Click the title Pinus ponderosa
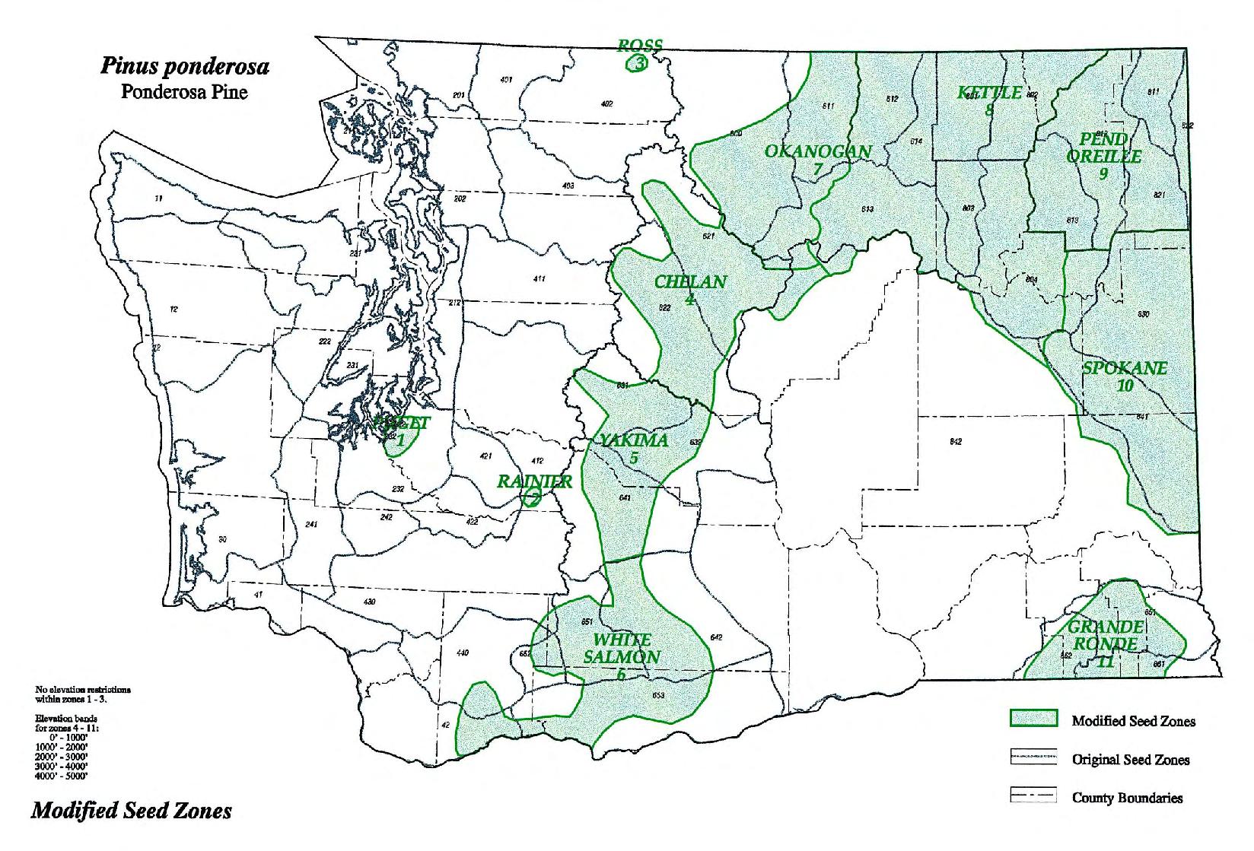pos(185,67)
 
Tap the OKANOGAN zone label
pos(818,151)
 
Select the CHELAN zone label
pos(691,282)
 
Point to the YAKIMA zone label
pos(634,441)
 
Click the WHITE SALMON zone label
pos(627,649)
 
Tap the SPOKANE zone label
pos(1125,369)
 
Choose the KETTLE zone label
pos(989,94)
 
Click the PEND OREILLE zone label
pos(1103,148)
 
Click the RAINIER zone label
pos(534,481)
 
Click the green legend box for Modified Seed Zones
pos(1033,719)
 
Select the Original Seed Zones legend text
pos(1131,759)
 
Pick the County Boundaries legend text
pos(1127,798)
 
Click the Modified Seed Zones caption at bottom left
pos(131,811)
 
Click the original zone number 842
pos(956,442)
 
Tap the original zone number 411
pos(539,279)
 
